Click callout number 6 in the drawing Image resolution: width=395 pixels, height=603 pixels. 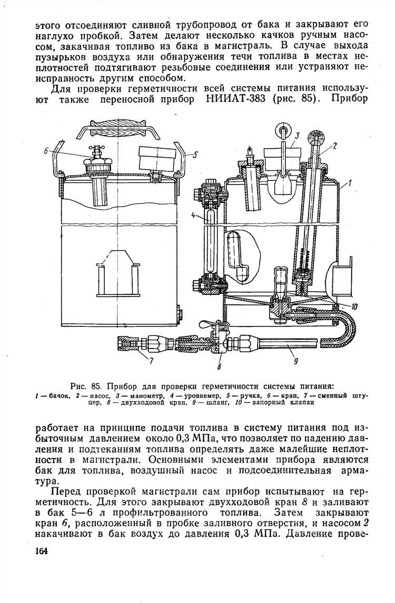click(46, 151)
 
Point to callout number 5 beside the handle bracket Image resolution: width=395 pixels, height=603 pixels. click(194, 155)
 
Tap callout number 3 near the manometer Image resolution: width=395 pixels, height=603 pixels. click(297, 136)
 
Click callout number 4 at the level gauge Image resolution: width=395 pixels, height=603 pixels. click(194, 215)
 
